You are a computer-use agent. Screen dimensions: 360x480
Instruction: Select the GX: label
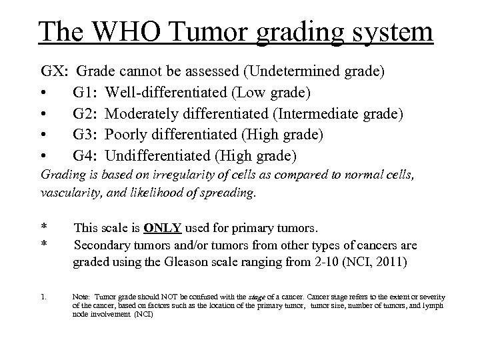pyautogui.click(x=55, y=71)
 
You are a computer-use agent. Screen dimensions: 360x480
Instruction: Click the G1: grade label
pyautogui.click(x=87, y=93)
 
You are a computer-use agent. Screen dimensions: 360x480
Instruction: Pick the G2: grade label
pyautogui.click(x=87, y=114)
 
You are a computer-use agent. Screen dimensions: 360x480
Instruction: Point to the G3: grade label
pyautogui.click(x=87, y=135)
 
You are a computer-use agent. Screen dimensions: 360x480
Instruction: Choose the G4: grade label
pyautogui.click(x=87, y=157)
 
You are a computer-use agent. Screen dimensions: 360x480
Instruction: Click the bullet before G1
pyautogui.click(x=44, y=93)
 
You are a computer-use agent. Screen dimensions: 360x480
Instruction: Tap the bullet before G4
pyautogui.click(x=44, y=157)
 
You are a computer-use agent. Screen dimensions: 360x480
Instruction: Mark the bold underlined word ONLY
pyautogui.click(x=163, y=227)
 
